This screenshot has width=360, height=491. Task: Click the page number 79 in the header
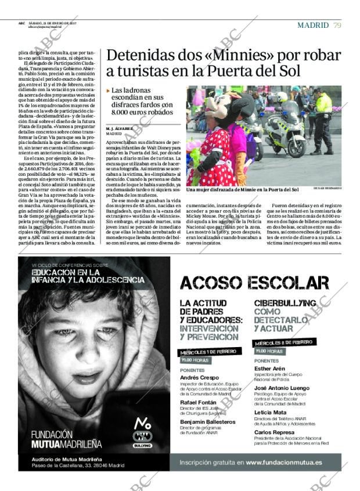coord(337,25)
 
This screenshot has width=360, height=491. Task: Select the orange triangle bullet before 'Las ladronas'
coord(108,91)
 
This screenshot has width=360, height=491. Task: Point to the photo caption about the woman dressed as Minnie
coord(242,189)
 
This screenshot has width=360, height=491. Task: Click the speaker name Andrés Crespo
coord(200,377)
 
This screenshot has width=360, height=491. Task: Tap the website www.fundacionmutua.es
coord(283,463)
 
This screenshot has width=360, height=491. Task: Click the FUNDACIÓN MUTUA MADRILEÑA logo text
coord(66,439)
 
